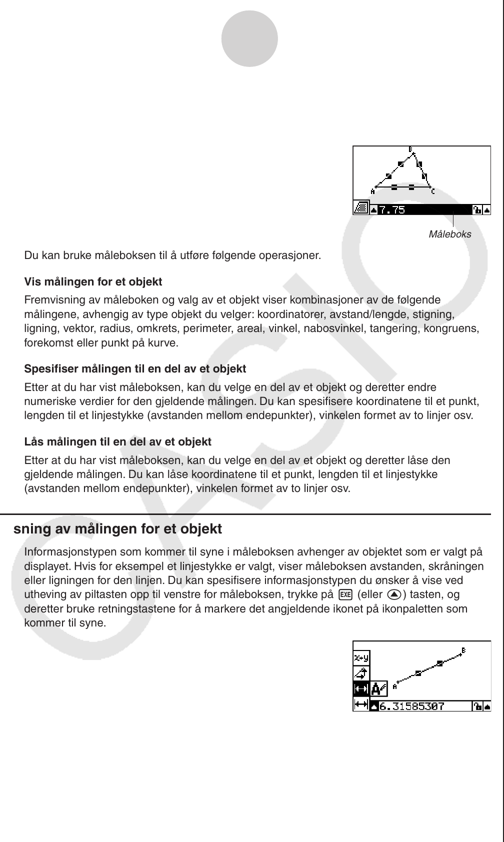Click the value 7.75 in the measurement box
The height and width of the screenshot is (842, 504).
[391, 209]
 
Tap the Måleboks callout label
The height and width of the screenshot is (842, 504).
[449, 234]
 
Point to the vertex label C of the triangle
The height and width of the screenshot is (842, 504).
[433, 191]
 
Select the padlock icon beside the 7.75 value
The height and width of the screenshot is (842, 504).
[477, 209]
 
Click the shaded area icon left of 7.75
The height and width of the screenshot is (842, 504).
[360, 208]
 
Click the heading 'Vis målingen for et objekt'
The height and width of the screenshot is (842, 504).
[93, 282]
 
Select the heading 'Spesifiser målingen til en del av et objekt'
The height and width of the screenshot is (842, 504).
[135, 369]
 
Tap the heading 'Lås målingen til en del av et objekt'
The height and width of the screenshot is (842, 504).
[117, 442]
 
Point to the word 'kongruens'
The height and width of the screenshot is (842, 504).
[457, 328]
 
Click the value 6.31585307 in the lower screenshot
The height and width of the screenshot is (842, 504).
[412, 706]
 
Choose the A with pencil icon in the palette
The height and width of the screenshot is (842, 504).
[379, 689]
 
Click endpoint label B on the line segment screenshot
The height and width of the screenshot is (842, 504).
[463, 650]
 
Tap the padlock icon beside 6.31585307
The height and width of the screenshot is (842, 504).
[477, 706]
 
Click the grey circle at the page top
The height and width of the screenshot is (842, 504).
[249, 38]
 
